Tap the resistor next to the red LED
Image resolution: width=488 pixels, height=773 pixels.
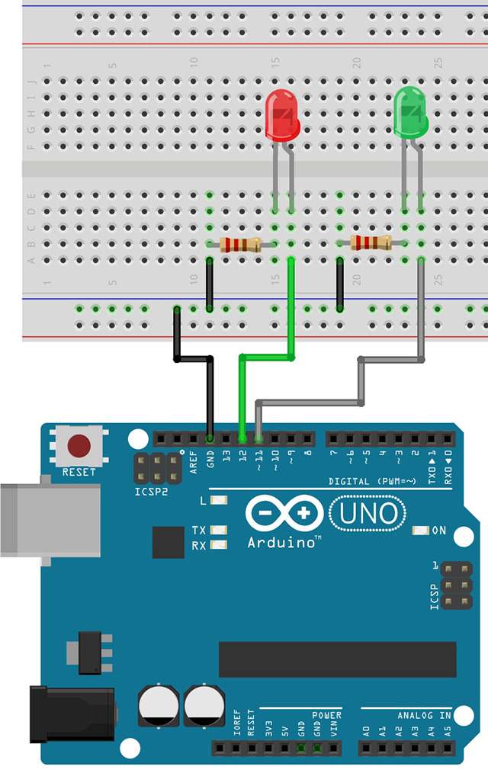tap(240, 245)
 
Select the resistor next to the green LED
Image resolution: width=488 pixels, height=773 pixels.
tap(371, 243)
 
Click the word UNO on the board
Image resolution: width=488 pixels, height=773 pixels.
tap(369, 513)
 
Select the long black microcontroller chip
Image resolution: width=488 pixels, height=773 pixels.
tap(337, 659)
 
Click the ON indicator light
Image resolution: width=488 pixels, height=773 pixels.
tap(419, 531)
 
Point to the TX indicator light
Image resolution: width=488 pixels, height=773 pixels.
tap(219, 530)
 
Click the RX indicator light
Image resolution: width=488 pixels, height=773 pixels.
tap(219, 544)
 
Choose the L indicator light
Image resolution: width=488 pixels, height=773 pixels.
tap(219, 501)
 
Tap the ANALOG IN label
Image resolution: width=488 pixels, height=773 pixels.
tap(424, 716)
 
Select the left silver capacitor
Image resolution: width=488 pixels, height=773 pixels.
tap(159, 705)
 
